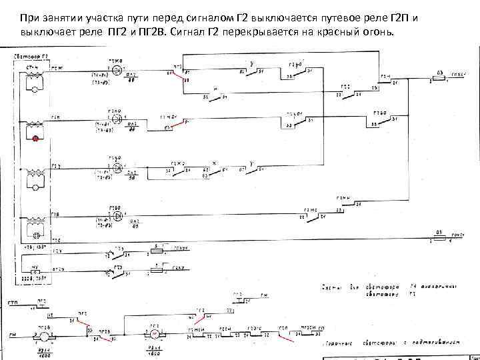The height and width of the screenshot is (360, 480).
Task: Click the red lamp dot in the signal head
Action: pos(35,139)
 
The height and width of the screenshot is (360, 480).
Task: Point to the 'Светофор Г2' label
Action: pos(30,57)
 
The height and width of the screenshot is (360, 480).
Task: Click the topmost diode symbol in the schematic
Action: pos(117,69)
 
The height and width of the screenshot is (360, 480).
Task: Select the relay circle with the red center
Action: pos(154,331)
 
